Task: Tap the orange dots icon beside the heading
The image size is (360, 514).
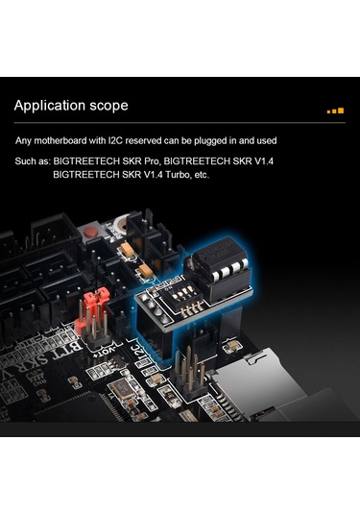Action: (x=334, y=110)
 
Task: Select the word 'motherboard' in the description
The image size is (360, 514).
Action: (x=68, y=140)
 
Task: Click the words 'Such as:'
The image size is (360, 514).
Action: (x=32, y=161)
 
